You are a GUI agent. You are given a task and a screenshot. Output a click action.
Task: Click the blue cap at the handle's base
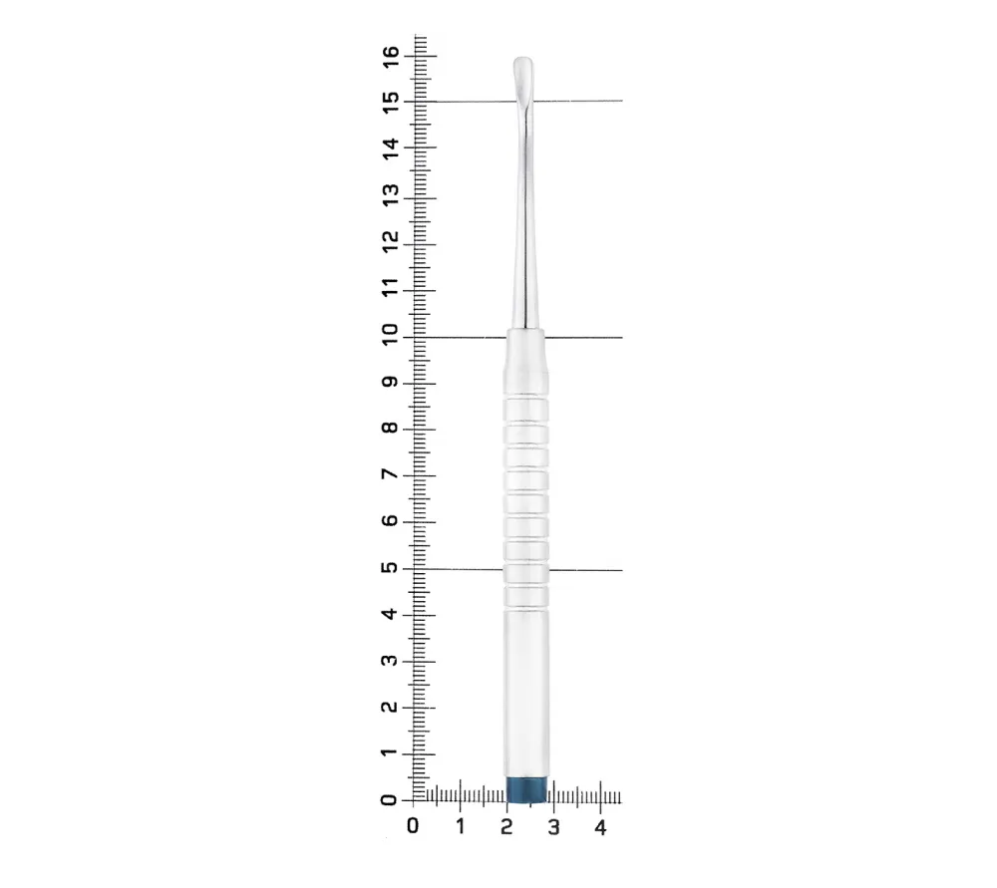coord(526,789)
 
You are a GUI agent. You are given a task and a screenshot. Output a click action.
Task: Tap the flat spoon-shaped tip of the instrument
coord(523,80)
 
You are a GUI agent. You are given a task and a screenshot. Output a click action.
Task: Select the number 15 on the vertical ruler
coord(391,102)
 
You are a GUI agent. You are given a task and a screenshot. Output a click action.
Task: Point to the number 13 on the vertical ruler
coord(391,194)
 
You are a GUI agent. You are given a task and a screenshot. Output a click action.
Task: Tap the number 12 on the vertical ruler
coord(391,241)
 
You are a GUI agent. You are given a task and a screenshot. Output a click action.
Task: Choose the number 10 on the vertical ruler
coord(390,334)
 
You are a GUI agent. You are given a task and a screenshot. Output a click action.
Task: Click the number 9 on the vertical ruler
coord(390,382)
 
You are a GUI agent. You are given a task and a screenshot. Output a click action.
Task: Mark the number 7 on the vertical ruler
coord(390,474)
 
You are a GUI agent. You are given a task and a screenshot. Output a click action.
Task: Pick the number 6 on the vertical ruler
coord(390,520)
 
